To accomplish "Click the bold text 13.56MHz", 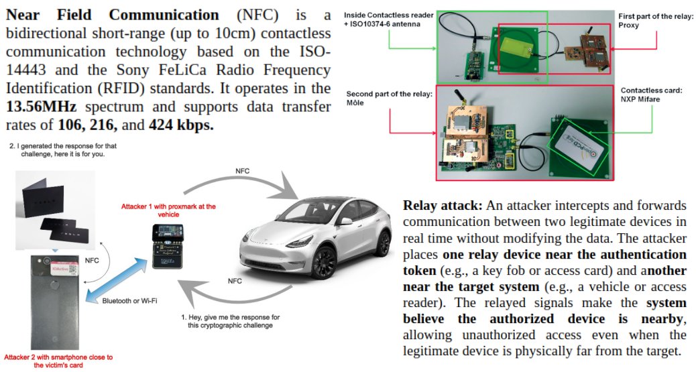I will tap(40, 107).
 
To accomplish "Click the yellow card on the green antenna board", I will tap(516, 51).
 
